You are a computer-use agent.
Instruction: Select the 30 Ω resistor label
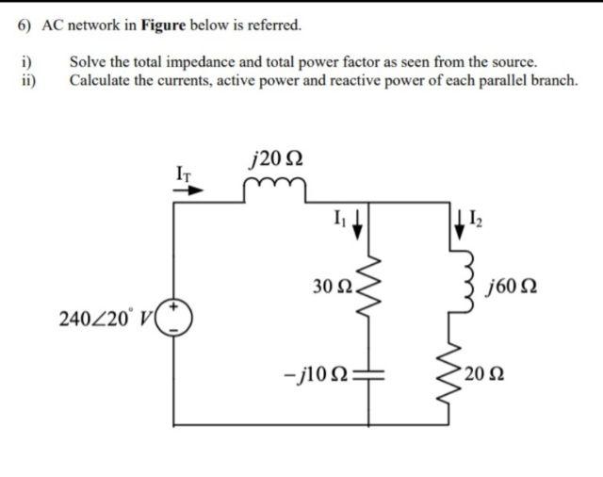[329, 284]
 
